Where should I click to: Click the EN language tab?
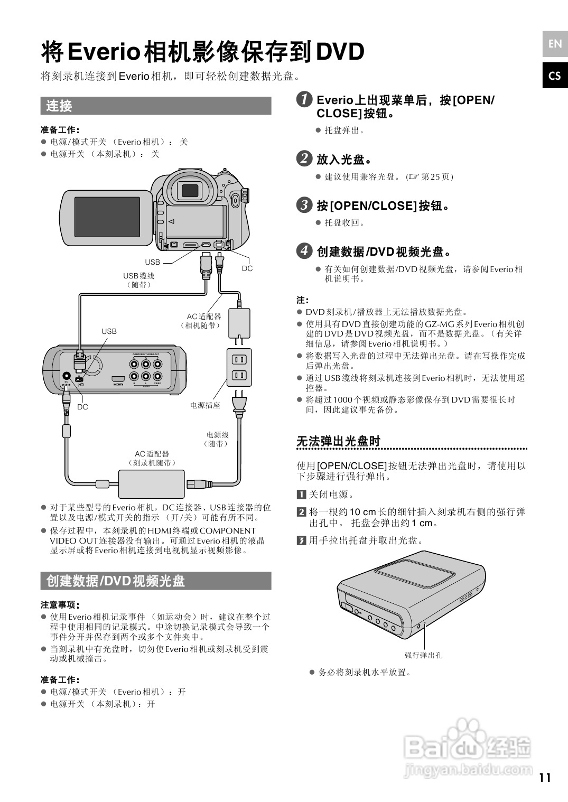click(555, 44)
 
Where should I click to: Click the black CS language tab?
click(555, 76)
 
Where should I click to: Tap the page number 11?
click(545, 777)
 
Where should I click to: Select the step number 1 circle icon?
click(304, 99)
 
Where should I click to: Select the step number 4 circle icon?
click(304, 250)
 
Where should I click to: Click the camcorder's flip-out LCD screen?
click(107, 217)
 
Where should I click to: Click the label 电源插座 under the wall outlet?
click(205, 405)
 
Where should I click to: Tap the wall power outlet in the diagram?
click(239, 367)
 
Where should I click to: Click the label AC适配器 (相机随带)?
click(203, 321)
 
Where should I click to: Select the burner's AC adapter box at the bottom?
click(151, 483)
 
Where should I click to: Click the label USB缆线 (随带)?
click(138, 280)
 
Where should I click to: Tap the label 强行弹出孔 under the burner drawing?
click(423, 655)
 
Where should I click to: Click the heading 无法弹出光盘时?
click(338, 441)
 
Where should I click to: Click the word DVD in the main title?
click(340, 52)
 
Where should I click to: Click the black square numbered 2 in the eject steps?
click(301, 511)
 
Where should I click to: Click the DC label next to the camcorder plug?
click(247, 268)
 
